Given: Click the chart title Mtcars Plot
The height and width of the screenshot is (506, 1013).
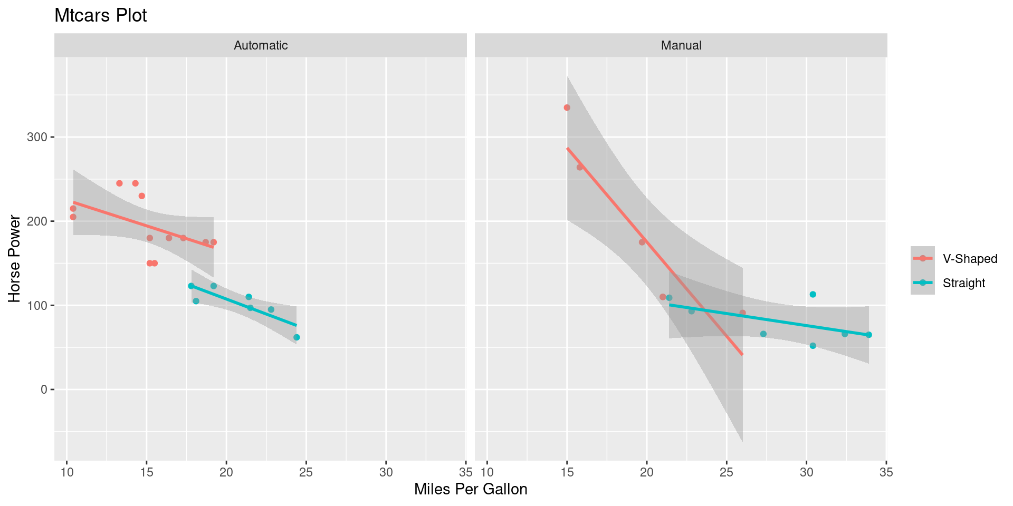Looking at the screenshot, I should pos(100,16).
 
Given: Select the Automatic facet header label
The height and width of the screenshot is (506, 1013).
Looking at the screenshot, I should pos(261,45).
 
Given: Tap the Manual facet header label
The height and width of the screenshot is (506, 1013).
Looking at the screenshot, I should pos(681,45).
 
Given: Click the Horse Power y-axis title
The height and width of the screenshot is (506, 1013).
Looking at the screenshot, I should pos(15,258).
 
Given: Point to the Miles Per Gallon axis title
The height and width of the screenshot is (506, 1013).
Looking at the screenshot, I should pos(471,489).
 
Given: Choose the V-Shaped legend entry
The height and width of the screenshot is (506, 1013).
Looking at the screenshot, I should pos(970,259).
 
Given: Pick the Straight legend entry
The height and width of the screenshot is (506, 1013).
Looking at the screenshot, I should pos(963,283).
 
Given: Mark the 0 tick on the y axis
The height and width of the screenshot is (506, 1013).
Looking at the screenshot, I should pos(44,390).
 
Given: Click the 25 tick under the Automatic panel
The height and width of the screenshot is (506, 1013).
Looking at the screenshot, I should pos(306,472).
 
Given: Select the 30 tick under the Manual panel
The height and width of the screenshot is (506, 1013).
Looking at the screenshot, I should pos(806,472).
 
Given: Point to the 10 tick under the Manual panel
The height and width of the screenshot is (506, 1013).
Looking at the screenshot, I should pos(487,472).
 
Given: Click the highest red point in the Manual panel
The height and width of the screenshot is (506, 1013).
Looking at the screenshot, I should pos(567,108).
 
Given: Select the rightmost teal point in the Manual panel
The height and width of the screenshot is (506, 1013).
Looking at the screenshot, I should pos(868,335).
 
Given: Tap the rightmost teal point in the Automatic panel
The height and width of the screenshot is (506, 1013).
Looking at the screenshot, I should pos(297,337).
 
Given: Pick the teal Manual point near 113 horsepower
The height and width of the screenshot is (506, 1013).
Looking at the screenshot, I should pos(813,295).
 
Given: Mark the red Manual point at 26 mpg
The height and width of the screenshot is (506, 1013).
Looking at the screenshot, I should pos(742,313).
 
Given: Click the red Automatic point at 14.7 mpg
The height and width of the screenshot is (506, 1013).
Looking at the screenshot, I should pos(141,196).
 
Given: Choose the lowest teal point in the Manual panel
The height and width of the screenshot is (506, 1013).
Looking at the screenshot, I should pos(813,346).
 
